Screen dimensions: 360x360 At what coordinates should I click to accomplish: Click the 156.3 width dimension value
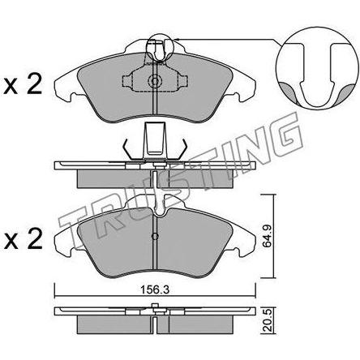[155, 290]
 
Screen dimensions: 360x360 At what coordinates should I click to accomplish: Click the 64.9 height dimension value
[268, 236]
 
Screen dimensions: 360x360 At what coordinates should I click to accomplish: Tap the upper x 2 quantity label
[23, 85]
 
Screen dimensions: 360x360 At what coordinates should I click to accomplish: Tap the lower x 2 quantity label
[23, 239]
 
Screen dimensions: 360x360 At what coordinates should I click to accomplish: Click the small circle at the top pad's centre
[155, 81]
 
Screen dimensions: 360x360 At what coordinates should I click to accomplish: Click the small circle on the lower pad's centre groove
[155, 237]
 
